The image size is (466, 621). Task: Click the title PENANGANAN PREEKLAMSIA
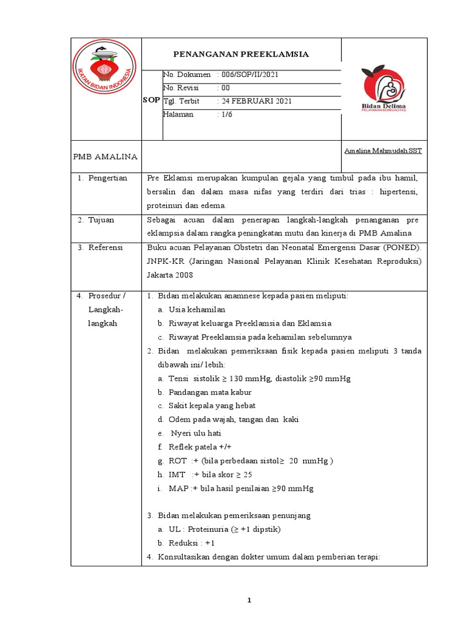241,55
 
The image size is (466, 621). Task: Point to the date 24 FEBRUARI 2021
255,101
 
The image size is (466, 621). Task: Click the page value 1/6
225,114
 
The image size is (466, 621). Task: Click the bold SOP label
152,99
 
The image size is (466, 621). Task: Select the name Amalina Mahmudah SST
383,150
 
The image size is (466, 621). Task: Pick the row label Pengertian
107,178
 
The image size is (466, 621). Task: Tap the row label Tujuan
101,220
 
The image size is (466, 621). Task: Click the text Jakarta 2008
170,274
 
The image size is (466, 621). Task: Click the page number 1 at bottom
249,600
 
